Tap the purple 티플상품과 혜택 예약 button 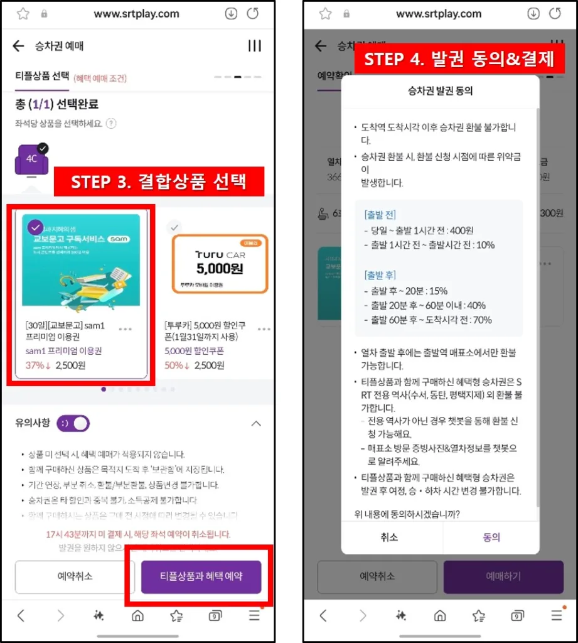(201, 576)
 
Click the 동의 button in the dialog (491, 538)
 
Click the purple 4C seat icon (31, 159)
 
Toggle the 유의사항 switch (73, 423)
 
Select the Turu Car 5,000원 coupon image (220, 264)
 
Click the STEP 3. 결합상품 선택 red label (158, 182)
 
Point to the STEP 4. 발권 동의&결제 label (459, 60)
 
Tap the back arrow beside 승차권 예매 (18, 46)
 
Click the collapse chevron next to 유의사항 (255, 423)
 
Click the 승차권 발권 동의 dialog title (440, 90)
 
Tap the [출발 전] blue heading (380, 215)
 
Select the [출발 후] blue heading (380, 275)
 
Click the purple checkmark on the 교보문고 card (36, 227)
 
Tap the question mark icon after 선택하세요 (111, 124)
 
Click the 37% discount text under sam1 (38, 365)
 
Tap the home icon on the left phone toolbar (137, 616)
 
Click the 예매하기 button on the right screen (503, 576)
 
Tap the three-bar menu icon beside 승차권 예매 (254, 46)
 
